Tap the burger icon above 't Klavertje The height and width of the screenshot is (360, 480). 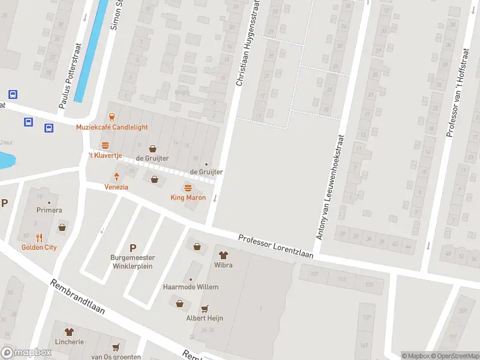coord(106,145)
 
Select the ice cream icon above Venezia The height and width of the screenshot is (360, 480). coord(117,176)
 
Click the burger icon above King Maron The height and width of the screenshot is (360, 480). coord(188,187)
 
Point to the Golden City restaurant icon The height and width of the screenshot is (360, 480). coord(39,237)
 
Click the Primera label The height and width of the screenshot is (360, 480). coord(50,211)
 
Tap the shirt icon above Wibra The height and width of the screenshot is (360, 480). coord(223,255)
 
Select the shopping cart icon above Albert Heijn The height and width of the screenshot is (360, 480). coord(205,308)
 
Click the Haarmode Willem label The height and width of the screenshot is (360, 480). coord(191,287)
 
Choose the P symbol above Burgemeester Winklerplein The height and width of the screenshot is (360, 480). coord(133,248)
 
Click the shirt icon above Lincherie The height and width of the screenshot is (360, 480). coord(69,331)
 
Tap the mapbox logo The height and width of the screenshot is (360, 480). coord(25,353)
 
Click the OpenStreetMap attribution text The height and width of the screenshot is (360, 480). coord(453,356)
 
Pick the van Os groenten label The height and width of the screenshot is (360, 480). coord(116,356)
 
